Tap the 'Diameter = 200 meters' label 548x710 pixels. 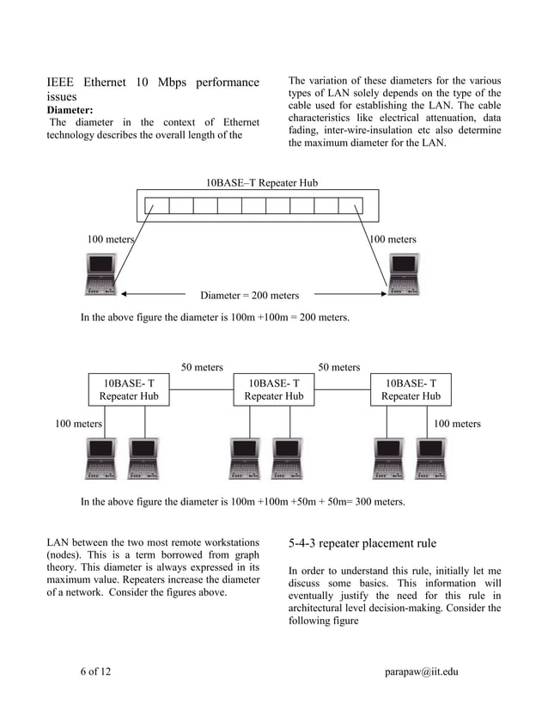tap(249, 296)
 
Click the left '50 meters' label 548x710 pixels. tap(202, 367)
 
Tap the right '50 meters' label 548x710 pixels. tap(339, 367)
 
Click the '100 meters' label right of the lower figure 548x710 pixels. tap(457, 424)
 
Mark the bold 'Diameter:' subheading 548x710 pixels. tap(70, 110)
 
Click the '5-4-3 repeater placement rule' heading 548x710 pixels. tap(362, 543)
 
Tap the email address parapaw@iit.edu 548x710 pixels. tap(421, 671)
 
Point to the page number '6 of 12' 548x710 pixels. tap(95, 671)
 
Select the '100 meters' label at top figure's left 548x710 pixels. tap(110, 239)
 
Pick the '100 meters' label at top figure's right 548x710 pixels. tap(393, 239)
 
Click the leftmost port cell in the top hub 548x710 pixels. tap(157, 205)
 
